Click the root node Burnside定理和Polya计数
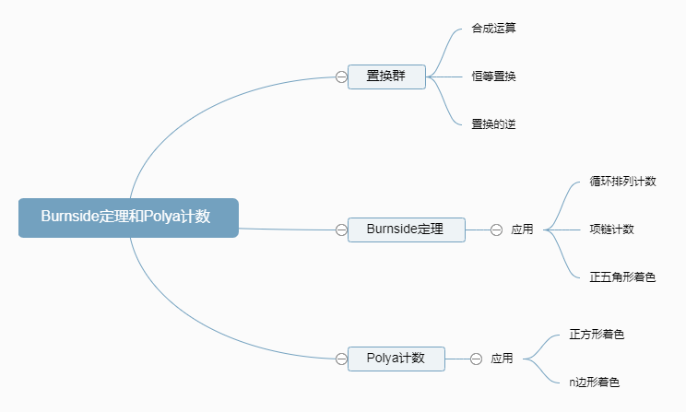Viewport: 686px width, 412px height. [128, 218]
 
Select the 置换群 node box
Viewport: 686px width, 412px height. [386, 77]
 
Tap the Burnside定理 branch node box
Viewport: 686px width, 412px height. [406, 230]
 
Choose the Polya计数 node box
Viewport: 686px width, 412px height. [396, 359]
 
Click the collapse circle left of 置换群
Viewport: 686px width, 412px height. [341, 77]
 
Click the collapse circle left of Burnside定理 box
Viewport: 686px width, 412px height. [341, 230]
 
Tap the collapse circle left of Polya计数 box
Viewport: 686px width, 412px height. [341, 359]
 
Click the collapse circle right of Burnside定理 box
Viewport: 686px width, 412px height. [496, 230]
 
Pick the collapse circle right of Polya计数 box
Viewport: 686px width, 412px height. [476, 359]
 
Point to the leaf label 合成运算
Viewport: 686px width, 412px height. [493, 29]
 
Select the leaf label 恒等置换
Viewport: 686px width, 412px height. [493, 77]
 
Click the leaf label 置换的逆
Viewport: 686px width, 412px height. [493, 124]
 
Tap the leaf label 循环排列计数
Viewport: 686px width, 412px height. [622, 182]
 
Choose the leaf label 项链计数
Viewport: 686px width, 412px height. [611, 230]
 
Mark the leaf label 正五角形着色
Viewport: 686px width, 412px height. [622, 277]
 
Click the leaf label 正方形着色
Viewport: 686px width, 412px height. [597, 335]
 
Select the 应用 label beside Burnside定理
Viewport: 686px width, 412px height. [522, 230]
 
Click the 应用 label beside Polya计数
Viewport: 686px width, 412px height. [502, 359]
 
